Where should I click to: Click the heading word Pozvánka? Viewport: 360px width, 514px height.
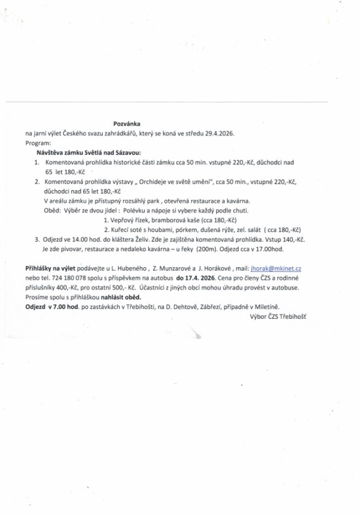pos(126,124)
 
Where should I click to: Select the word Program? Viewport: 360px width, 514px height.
pos(38,143)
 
